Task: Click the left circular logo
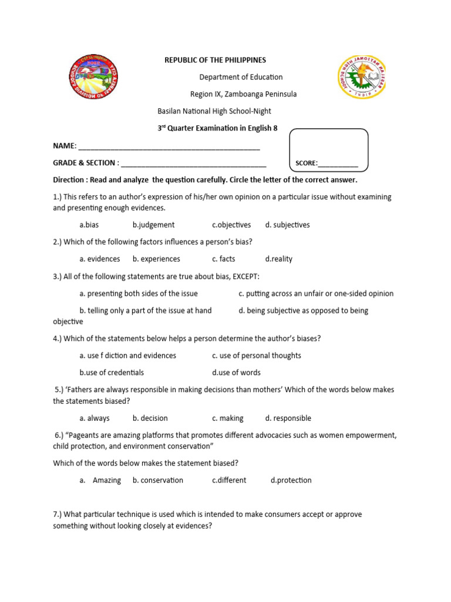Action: click(93, 78)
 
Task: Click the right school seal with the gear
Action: click(362, 79)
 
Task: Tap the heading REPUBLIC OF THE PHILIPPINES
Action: click(215, 60)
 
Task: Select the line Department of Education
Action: click(241, 77)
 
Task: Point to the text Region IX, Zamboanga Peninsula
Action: click(243, 94)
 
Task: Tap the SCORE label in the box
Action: click(307, 163)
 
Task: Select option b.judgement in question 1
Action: click(153, 225)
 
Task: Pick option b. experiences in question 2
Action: click(156, 259)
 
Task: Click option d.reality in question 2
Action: click(278, 259)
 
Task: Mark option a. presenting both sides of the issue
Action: click(139, 293)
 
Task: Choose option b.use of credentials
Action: click(112, 372)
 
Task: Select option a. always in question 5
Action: click(95, 418)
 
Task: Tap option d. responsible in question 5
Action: click(288, 418)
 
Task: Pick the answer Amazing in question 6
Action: click(106, 480)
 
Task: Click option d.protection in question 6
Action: click(291, 480)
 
